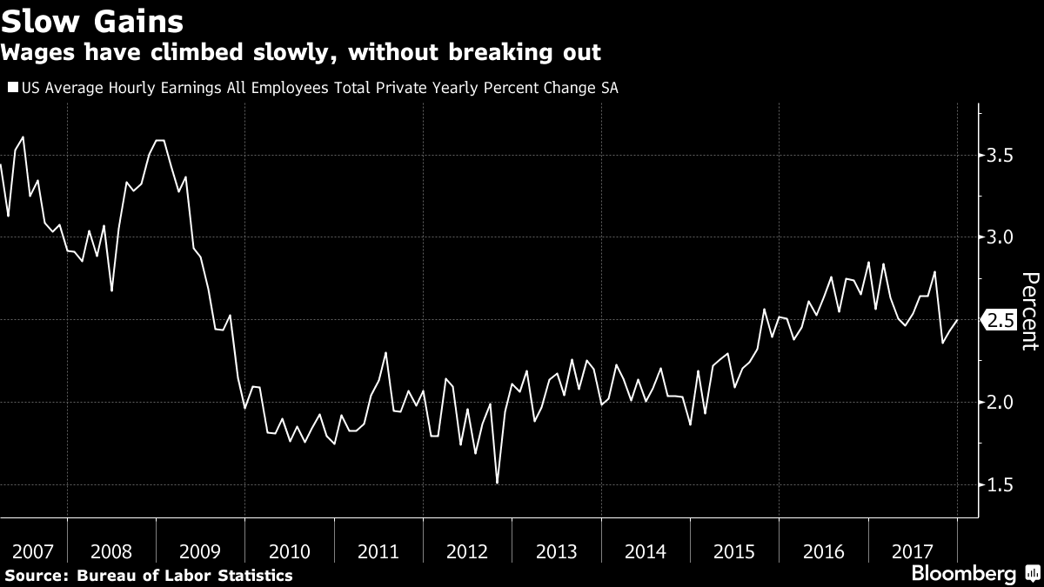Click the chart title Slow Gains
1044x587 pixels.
[91, 19]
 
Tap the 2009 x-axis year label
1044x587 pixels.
[200, 551]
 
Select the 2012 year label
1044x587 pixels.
[467, 551]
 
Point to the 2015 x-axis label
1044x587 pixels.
[734, 551]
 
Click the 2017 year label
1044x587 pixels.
[912, 551]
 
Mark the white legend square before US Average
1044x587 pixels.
[11, 88]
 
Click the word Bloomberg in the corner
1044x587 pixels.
[963, 574]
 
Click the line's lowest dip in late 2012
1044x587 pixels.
[497, 483]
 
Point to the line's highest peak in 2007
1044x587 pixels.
[22, 137]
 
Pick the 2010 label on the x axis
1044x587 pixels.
[289, 551]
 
